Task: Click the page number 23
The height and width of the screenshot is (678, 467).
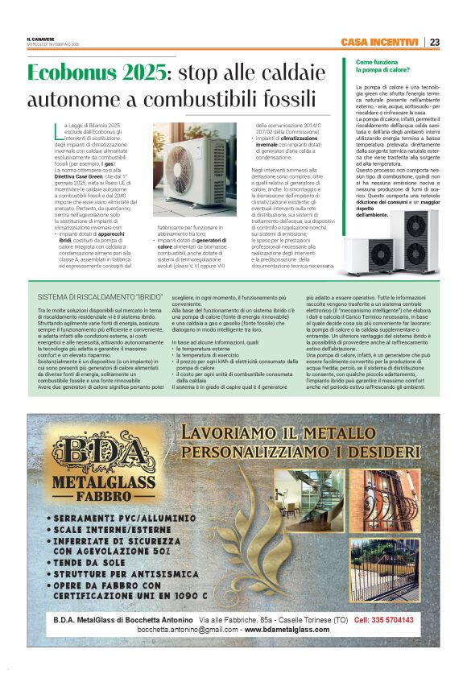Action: (434, 42)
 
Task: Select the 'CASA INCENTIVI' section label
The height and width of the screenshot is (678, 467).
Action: (379, 42)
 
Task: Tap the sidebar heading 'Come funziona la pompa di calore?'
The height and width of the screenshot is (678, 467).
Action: (378, 66)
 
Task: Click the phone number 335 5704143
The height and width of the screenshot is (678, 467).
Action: (384, 620)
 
